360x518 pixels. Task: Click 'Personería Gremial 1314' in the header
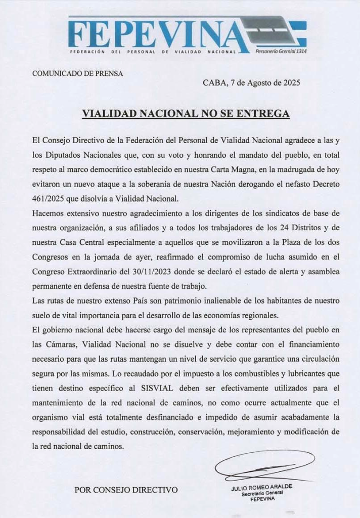click(x=281, y=52)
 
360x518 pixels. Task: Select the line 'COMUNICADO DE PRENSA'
click(x=77, y=73)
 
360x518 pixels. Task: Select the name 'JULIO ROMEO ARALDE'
click(x=261, y=487)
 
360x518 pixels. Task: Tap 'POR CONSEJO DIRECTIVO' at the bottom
click(x=126, y=490)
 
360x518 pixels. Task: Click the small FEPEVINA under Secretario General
click(x=261, y=499)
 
